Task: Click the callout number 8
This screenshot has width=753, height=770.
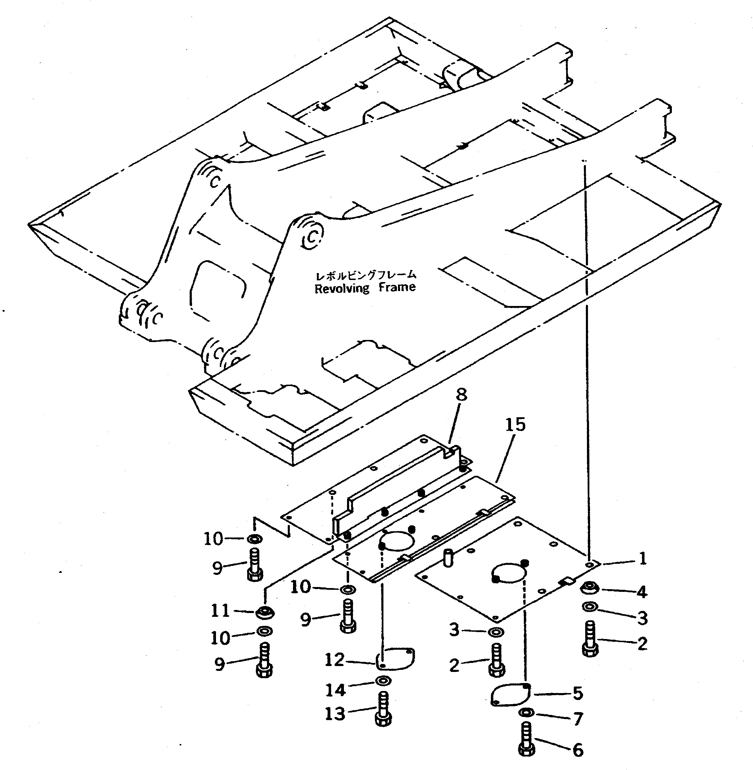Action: click(461, 394)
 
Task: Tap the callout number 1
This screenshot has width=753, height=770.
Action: click(643, 559)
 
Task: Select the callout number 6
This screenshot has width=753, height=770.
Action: click(578, 750)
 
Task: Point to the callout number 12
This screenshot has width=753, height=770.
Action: click(335, 660)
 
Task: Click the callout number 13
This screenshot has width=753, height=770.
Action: click(335, 714)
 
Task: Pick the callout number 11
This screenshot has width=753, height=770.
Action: click(220, 611)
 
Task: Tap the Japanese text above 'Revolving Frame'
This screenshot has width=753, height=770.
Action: click(365, 275)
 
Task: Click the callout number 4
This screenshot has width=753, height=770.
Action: click(642, 592)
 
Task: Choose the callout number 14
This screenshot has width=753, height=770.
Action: click(335, 690)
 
